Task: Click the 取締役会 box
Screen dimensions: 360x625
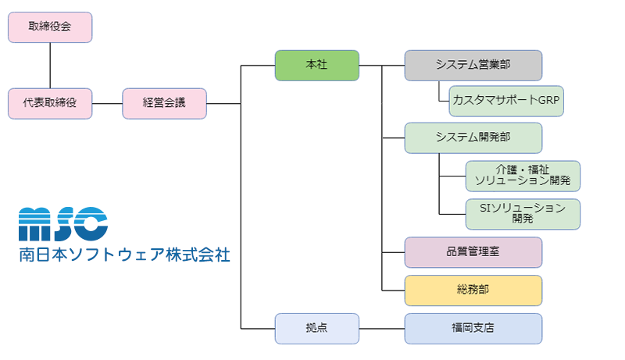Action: click(x=50, y=27)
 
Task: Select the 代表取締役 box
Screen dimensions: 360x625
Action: click(x=50, y=103)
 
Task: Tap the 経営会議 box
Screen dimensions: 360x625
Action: click(x=164, y=103)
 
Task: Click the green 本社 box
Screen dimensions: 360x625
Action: click(x=316, y=65)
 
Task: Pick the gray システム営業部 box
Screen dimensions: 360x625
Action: click(x=473, y=65)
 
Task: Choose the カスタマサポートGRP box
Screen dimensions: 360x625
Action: click(x=507, y=101)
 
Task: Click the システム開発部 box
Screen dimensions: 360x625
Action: click(x=473, y=137)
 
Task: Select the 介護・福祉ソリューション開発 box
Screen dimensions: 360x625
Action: click(x=523, y=176)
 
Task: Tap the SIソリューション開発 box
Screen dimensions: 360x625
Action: click(x=523, y=214)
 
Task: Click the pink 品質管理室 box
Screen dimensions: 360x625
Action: click(x=473, y=252)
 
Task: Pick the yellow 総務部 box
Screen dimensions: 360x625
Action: click(x=473, y=290)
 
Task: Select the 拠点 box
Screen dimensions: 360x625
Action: click(x=316, y=328)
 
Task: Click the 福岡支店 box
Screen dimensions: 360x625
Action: click(x=473, y=328)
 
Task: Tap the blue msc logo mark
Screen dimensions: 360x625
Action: click(x=62, y=224)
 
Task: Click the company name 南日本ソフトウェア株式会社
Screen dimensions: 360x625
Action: click(x=124, y=255)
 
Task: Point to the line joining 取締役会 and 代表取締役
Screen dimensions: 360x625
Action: click(x=50, y=65)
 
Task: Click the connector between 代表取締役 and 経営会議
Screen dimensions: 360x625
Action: click(x=107, y=103)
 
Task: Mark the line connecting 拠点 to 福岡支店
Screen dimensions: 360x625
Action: click(x=381, y=328)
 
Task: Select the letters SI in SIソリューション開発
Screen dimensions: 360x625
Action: click(x=484, y=208)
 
